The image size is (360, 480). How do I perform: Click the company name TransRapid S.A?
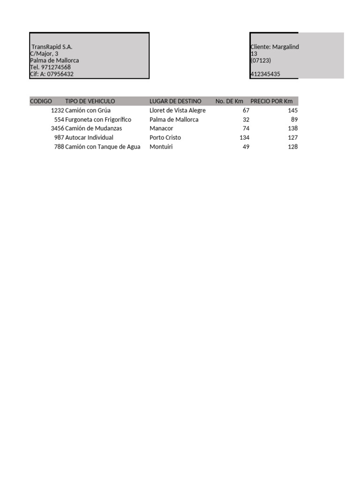tap(52, 47)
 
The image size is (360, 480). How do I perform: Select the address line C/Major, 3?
tap(44, 54)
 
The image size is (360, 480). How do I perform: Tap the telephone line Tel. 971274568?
tap(51, 67)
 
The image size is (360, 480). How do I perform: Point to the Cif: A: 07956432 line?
tap(52, 74)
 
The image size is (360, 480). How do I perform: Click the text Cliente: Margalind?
tap(275, 47)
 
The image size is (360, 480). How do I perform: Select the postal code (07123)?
tap(261, 60)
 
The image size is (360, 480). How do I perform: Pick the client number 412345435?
tap(265, 74)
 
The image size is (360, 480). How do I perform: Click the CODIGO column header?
tap(41, 101)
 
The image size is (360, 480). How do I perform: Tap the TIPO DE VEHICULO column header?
tap(90, 101)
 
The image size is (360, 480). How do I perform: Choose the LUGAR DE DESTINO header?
tap(175, 101)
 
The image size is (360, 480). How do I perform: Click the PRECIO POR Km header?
tap(271, 101)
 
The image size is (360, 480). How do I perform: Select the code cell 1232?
tap(58, 111)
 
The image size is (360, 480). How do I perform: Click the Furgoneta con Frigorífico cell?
tap(98, 120)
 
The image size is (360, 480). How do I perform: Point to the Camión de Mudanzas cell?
tap(94, 128)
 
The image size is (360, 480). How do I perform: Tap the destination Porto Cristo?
tap(165, 138)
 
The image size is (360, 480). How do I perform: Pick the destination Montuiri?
tap(161, 147)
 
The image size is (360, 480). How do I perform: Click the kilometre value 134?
tap(244, 138)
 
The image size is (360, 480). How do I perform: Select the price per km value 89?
tap(294, 120)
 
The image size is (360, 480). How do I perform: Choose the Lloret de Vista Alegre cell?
tap(178, 111)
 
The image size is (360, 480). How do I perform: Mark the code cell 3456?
tap(58, 128)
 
